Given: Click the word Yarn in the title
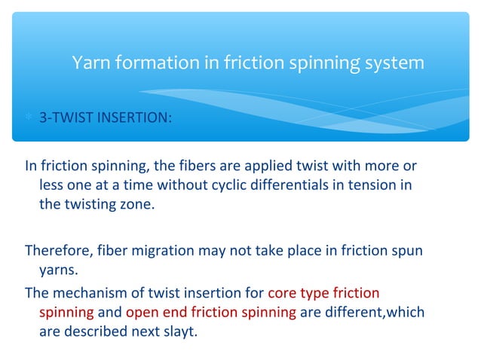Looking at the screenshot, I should [90, 63].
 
